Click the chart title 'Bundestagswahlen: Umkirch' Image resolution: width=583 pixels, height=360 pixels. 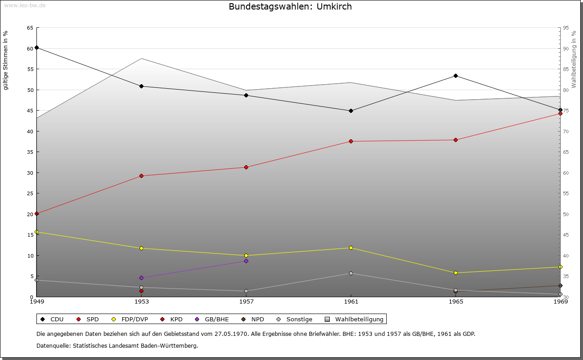pos(290,6)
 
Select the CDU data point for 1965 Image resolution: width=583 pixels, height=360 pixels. pos(455,76)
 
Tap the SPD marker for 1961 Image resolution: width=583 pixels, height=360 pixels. pos(351,141)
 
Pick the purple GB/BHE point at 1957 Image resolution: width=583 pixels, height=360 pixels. pos(246,261)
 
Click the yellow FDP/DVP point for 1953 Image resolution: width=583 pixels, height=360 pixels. pos(141,248)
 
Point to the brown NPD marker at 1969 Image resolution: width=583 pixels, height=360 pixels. pos(560,286)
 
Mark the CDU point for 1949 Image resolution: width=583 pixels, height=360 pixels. pos(37,48)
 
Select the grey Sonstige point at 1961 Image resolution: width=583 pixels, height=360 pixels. pos(351,273)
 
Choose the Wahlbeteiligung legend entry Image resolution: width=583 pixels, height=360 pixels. pos(354,319)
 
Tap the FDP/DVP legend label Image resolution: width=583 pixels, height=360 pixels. pos(134,319)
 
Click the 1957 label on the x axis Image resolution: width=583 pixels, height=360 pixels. pos(246,301)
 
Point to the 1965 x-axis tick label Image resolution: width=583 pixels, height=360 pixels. pos(456,301)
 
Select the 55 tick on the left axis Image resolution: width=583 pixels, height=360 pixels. pos(30,69)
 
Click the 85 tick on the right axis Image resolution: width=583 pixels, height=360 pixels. pos(566,69)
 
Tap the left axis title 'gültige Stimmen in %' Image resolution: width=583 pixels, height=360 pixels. pos(5,61)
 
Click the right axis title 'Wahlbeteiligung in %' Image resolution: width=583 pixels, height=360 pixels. pos(573,59)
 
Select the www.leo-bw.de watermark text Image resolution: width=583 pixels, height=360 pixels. pos(25,5)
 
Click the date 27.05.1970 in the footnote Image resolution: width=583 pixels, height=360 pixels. pos(231,334)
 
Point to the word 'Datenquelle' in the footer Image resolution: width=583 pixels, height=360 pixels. pos(54,346)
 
